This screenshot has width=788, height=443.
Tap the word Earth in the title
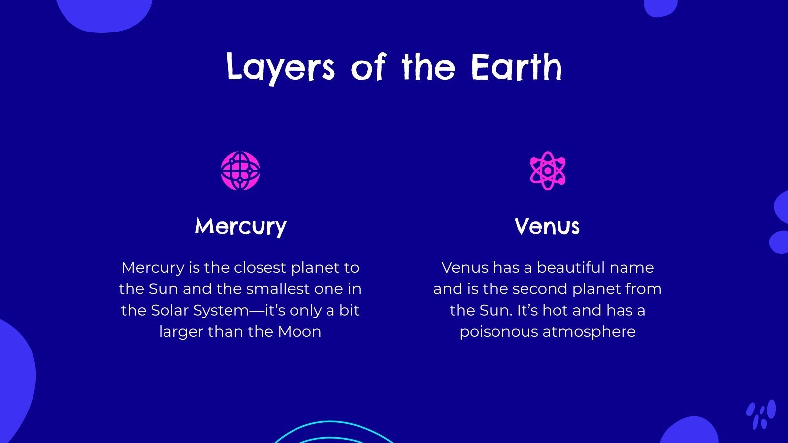(x=516, y=67)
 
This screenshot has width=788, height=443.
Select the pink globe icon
(x=240, y=171)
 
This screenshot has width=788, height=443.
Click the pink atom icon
(x=547, y=171)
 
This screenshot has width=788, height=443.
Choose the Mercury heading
(x=240, y=227)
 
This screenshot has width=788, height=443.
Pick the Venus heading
(x=547, y=227)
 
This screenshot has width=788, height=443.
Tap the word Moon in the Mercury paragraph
(x=299, y=332)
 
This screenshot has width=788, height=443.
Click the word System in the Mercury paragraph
(x=221, y=310)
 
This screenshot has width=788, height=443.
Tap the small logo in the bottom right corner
(x=760, y=414)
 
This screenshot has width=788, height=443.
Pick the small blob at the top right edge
(x=660, y=7)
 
